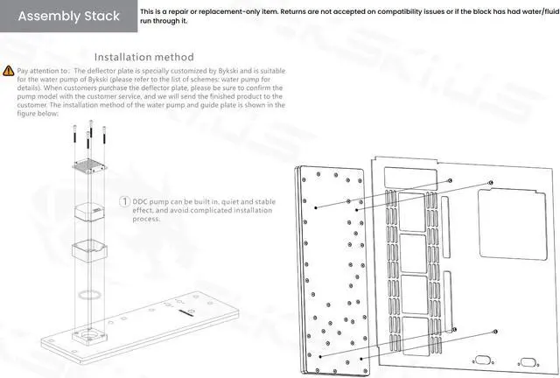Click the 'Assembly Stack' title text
click(69, 17)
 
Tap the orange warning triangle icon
click(9, 69)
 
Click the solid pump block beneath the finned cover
click(91, 213)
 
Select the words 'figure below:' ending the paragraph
click(37, 114)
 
